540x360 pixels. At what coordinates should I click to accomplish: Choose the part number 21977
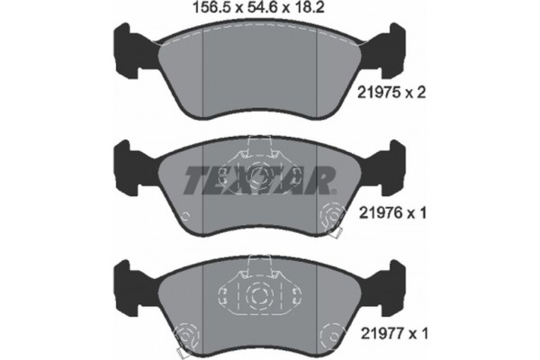(x=387, y=334)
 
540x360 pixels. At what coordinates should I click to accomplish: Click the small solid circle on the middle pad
(x=184, y=216)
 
